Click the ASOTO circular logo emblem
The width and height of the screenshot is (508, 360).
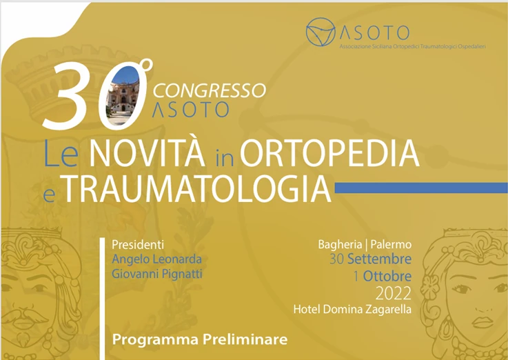[x=322, y=32]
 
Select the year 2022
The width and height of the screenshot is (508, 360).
[x=393, y=292]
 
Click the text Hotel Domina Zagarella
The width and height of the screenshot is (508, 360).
[x=352, y=309]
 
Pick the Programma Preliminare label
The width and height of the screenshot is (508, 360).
[x=199, y=339]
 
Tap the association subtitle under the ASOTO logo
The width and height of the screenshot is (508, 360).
[x=413, y=46]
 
